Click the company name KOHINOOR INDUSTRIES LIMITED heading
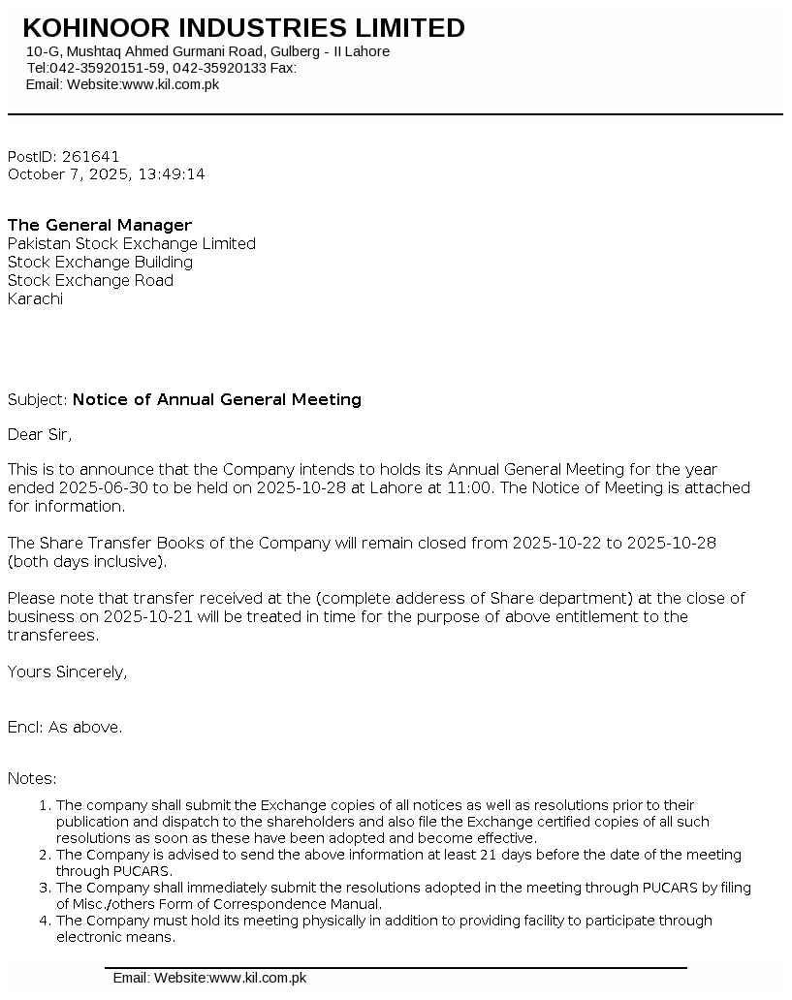click(x=243, y=28)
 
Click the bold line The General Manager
click(x=100, y=226)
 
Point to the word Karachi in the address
click(x=35, y=299)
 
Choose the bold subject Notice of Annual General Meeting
click(x=217, y=400)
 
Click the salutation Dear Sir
click(x=40, y=434)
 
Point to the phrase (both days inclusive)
click(x=87, y=562)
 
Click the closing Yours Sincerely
click(x=67, y=672)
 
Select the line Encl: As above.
click(x=65, y=728)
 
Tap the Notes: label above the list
click(x=32, y=779)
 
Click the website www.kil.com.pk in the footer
click(x=257, y=979)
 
